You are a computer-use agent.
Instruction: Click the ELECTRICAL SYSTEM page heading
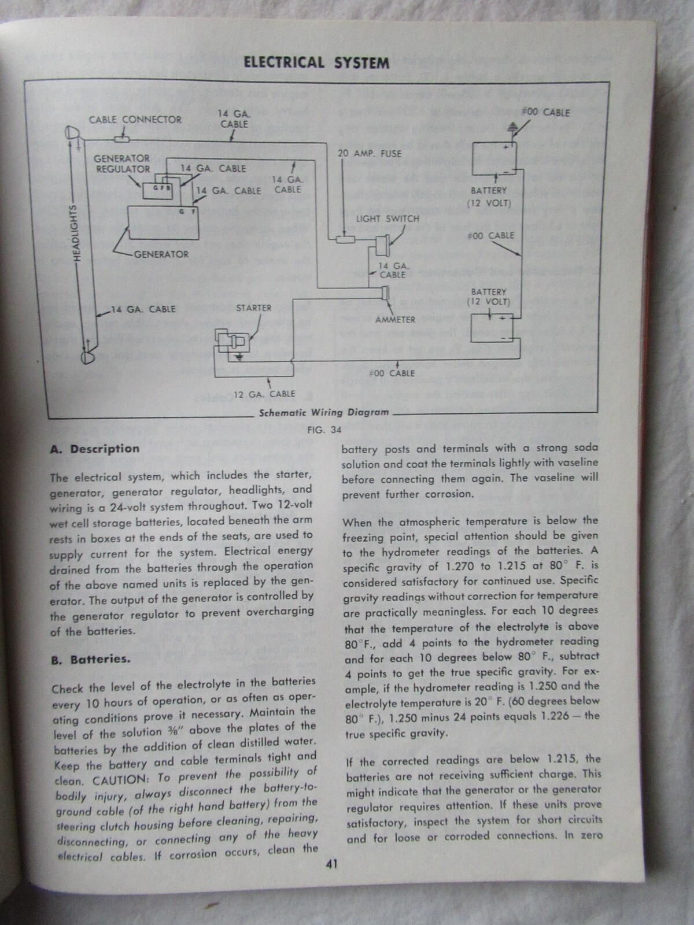click(316, 62)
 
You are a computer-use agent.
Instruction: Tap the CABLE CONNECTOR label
click(135, 120)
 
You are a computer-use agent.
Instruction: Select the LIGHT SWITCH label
click(379, 219)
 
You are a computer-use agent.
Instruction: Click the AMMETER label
click(395, 319)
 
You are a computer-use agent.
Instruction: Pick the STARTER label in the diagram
click(253, 308)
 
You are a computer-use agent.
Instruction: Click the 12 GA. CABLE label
click(264, 394)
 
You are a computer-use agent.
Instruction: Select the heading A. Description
click(95, 449)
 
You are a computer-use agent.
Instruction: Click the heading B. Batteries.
click(90, 659)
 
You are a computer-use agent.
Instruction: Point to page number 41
click(331, 864)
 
